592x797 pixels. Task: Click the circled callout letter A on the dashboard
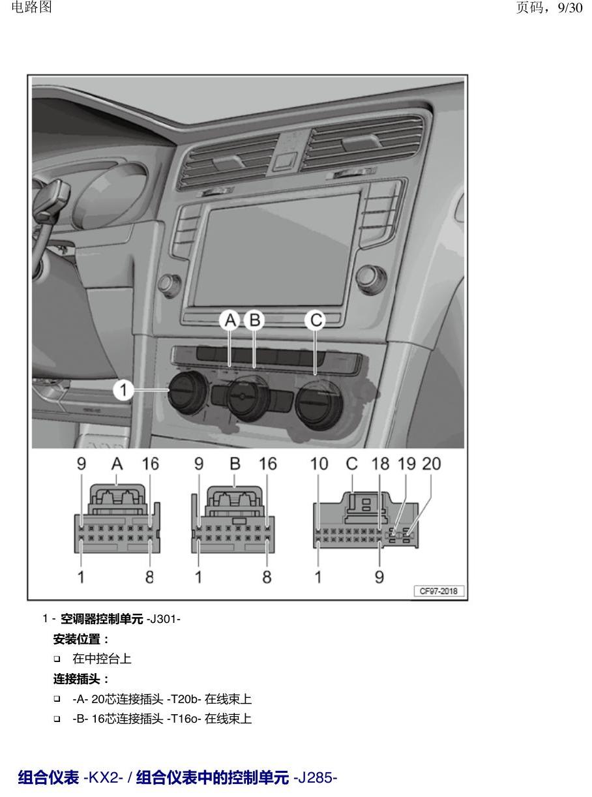pyautogui.click(x=230, y=320)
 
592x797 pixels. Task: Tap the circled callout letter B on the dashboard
pyautogui.click(x=254, y=320)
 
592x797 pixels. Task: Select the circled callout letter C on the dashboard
pyautogui.click(x=316, y=320)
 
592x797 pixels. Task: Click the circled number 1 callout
pyautogui.click(x=123, y=390)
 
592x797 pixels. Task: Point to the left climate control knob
pyautogui.click(x=188, y=392)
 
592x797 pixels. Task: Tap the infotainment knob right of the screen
pyautogui.click(x=371, y=280)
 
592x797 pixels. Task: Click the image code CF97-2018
pyautogui.click(x=439, y=591)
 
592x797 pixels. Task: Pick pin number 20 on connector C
pyautogui.click(x=432, y=464)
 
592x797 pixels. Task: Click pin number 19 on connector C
pyautogui.click(x=406, y=464)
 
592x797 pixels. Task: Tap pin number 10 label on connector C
pyautogui.click(x=319, y=464)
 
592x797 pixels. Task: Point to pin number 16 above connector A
pyautogui.click(x=150, y=464)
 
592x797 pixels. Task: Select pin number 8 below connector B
pyautogui.click(x=267, y=577)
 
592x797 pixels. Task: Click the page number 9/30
pyautogui.click(x=570, y=8)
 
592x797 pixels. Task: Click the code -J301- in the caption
pyautogui.click(x=164, y=619)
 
